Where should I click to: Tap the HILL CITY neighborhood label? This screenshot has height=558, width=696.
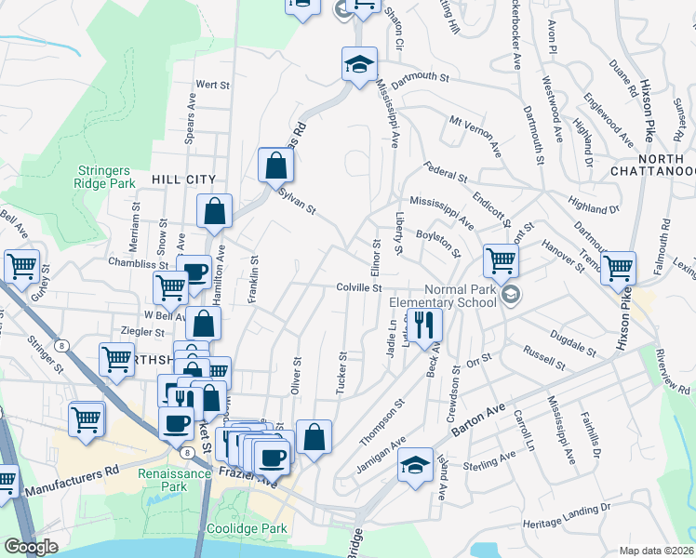click(183, 179)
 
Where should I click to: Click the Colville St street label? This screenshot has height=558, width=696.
click(360, 288)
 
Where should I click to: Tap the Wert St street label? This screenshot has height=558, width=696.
click(213, 85)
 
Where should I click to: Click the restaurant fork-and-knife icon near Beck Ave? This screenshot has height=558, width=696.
click(426, 325)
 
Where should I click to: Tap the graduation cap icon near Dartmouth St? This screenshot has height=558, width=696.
click(359, 65)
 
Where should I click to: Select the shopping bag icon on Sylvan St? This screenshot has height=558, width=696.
click(276, 166)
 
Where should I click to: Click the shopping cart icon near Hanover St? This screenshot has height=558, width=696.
click(501, 260)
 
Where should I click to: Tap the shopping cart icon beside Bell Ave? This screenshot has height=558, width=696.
click(21, 266)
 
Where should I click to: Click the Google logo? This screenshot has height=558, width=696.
click(32, 547)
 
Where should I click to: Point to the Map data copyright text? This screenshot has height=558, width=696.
click(657, 551)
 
